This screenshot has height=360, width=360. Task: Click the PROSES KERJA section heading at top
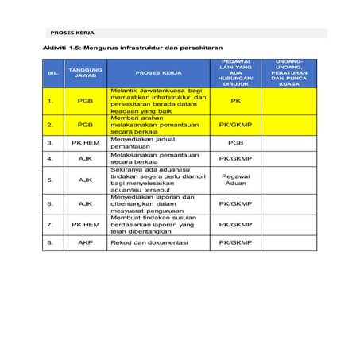pyautogui.click(x=72, y=34)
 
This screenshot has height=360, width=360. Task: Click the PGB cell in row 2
pyautogui.click(x=85, y=125)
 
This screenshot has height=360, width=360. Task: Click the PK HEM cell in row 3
pyautogui.click(x=85, y=143)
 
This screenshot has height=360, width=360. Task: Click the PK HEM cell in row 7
pyautogui.click(x=85, y=225)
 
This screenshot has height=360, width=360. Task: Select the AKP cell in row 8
pyautogui.click(x=85, y=242)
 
